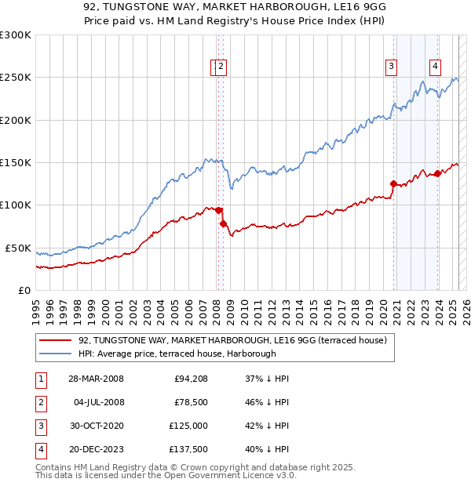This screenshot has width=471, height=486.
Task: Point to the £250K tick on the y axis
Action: click(16, 78)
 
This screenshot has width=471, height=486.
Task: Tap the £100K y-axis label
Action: click(16, 205)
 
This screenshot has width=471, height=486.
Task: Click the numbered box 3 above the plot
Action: click(390, 67)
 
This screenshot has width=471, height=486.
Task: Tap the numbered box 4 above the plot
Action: click(434, 67)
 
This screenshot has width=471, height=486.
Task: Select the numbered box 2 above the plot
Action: click(221, 67)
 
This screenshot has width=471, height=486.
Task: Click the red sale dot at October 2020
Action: click(393, 183)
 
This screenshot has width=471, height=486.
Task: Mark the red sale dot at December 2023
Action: click(437, 173)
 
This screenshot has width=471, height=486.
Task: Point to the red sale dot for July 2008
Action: click(223, 223)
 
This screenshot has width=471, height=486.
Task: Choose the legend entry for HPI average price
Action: click(177, 354)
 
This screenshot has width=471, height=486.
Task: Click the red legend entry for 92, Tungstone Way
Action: click(232, 341)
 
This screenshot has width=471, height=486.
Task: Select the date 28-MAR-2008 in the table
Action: click(96, 379)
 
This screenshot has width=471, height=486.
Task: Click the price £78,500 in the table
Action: click(191, 402)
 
